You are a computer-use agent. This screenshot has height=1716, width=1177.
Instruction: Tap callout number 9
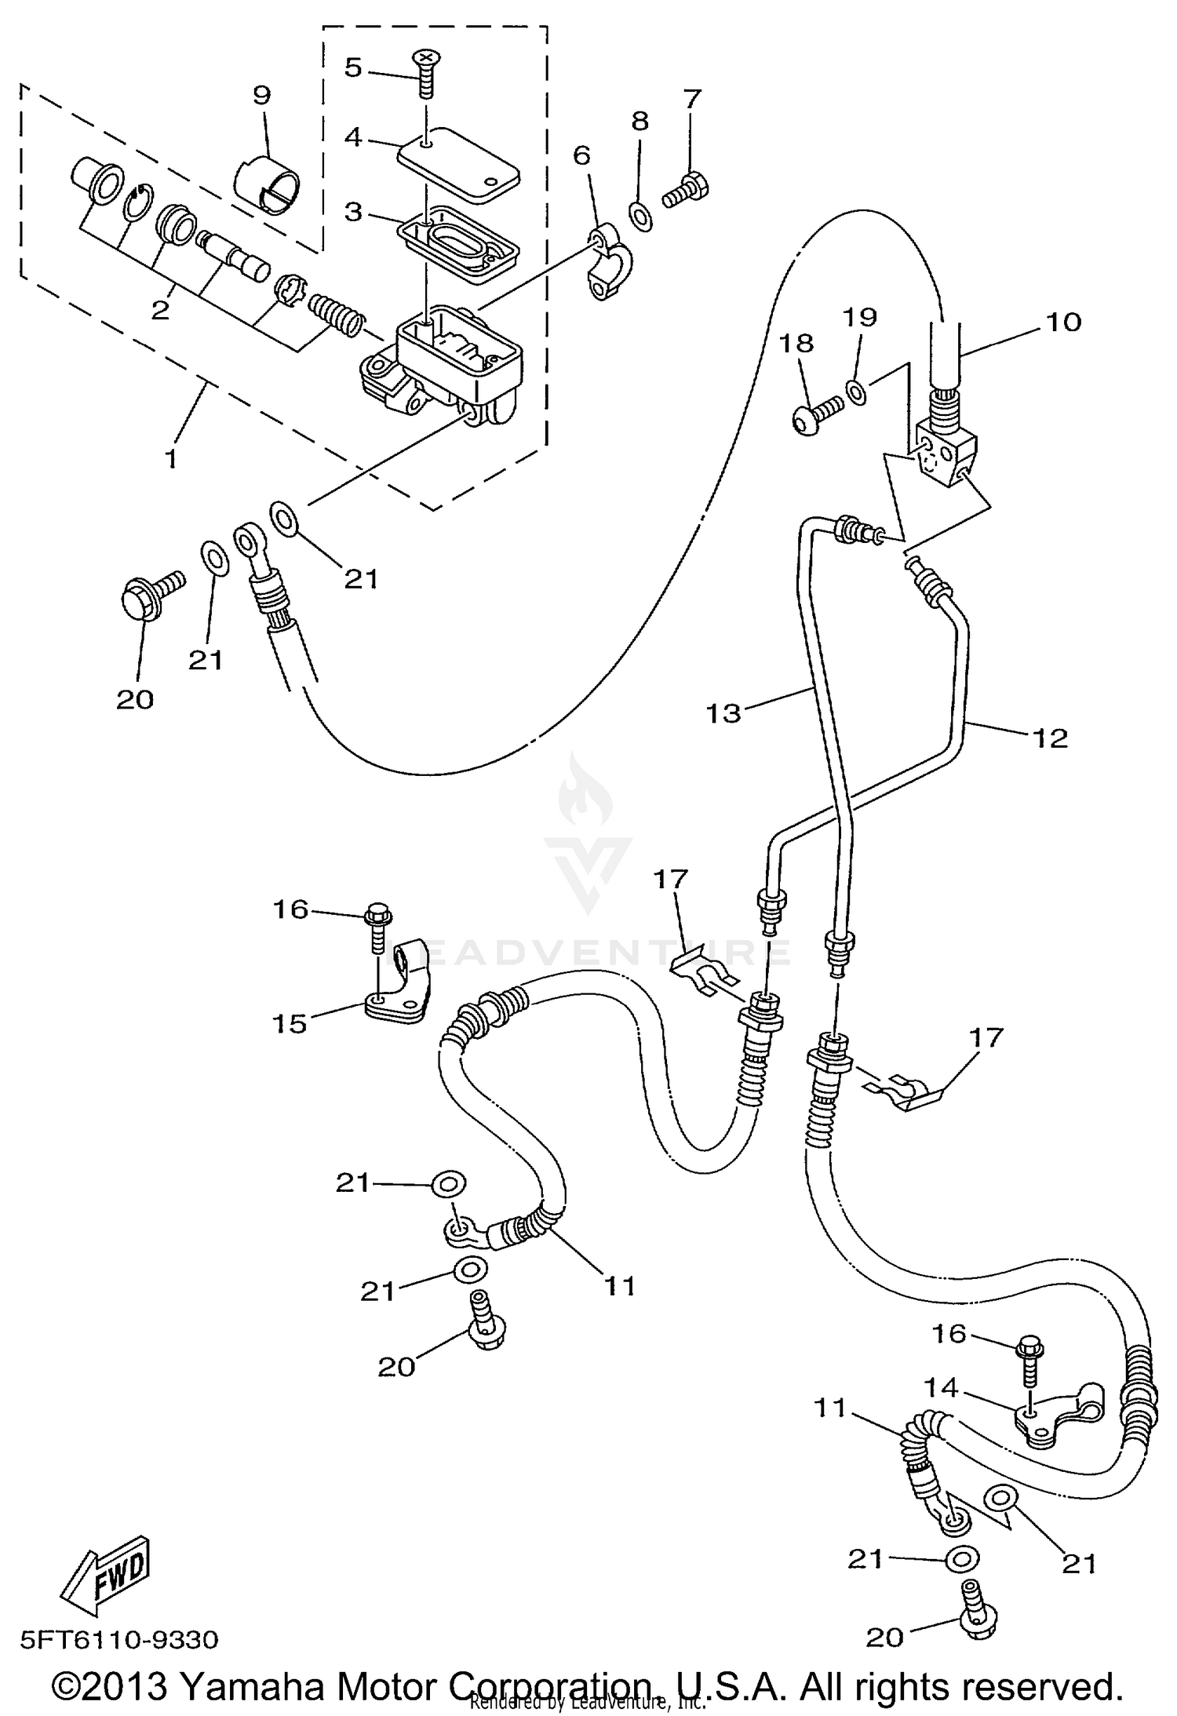261,95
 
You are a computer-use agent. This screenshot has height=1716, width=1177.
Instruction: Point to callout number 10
1064,322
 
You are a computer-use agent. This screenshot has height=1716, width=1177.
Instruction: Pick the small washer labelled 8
640,217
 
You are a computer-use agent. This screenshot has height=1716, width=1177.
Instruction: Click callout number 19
859,317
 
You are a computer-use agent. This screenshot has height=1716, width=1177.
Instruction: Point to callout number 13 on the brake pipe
723,713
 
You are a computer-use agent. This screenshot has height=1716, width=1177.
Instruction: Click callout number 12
1051,738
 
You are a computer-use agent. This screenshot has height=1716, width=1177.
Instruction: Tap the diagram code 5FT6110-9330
118,1640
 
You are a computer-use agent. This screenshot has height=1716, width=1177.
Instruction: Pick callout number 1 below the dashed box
170,458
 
